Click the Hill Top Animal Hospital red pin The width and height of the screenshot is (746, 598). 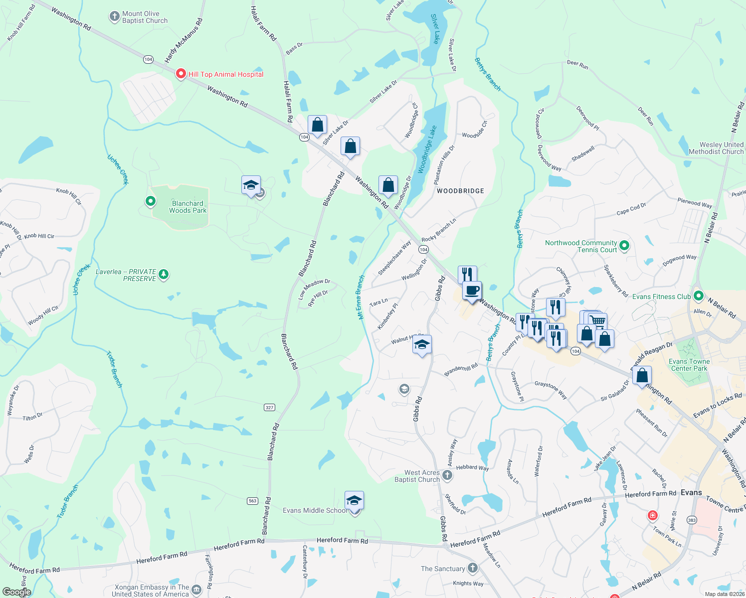coord(181,74)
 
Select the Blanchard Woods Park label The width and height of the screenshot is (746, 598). coord(187,207)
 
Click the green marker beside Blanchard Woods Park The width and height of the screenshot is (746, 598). coord(151,201)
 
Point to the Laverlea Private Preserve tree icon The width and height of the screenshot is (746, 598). coord(164,275)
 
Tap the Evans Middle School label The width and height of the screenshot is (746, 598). coord(315,510)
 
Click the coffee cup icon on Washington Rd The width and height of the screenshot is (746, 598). coord(472,290)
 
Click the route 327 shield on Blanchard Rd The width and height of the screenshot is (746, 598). coord(270,407)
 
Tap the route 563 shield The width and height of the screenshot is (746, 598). coord(252,501)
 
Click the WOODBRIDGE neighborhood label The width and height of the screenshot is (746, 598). coord(460,191)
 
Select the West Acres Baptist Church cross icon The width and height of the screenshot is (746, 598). coord(447,475)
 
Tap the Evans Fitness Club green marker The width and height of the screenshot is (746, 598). coord(698,297)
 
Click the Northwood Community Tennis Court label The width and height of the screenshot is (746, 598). coord(581,246)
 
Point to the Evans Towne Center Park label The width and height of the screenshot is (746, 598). coord(689,365)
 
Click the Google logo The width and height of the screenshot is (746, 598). coord(16,592)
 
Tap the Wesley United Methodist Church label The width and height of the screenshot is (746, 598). coord(716,148)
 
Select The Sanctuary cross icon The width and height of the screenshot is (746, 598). coord(473,568)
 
